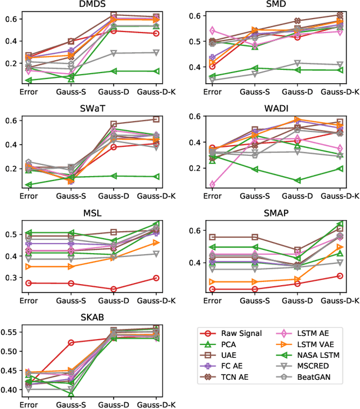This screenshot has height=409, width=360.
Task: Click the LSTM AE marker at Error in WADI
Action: click(x=212, y=184)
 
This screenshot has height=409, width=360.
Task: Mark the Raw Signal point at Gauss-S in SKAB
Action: click(x=71, y=343)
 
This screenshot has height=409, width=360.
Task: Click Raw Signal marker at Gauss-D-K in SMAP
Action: click(x=340, y=276)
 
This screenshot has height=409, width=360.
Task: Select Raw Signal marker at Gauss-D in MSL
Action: click(x=114, y=289)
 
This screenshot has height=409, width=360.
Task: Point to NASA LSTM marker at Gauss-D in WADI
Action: click(x=297, y=181)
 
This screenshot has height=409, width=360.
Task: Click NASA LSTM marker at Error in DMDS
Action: click(x=28, y=80)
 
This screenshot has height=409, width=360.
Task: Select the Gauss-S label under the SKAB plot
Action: click(x=71, y=404)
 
